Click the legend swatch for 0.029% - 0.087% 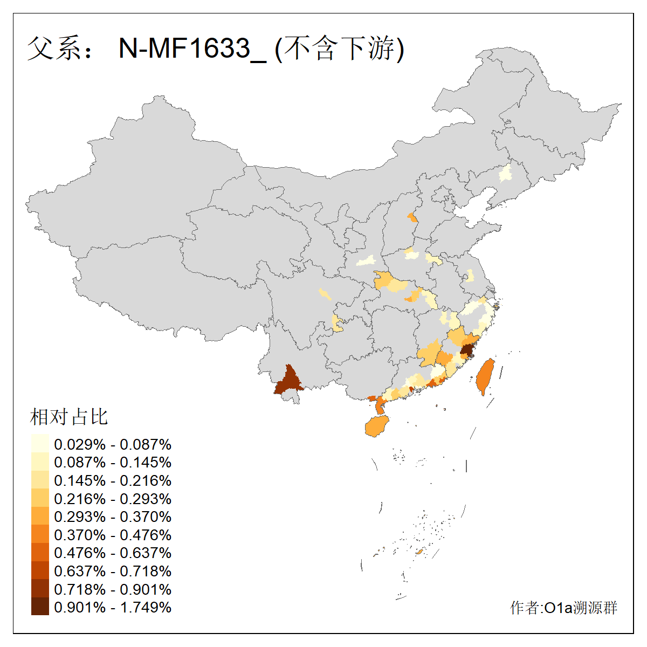(40, 444)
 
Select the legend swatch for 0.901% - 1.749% (40, 607)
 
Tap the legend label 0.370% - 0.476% (113, 535)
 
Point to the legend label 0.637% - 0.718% (113, 571)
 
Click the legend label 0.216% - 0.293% (113, 499)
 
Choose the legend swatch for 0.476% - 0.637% (40, 552)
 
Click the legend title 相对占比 (69, 417)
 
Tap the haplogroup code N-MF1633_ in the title (192, 49)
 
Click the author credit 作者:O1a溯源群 (563, 608)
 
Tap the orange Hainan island (377, 426)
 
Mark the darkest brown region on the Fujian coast (467, 351)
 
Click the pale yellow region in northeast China (506, 174)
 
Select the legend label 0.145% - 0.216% (113, 480)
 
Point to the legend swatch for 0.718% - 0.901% (40, 588)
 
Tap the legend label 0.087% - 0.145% (113, 462)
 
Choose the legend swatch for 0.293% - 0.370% (40, 516)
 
